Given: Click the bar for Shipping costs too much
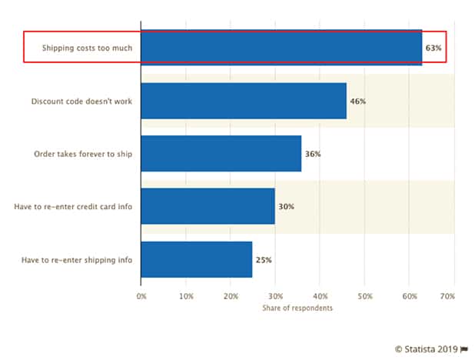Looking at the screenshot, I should coord(281,48).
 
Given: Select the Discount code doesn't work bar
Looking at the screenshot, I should coord(244,101).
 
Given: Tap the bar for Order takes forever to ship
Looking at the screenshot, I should coord(221,154).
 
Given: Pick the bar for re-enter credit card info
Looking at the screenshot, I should coord(208,206).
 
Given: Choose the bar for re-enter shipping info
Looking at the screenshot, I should coord(197,259).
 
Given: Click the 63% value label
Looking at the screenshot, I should coord(433,48).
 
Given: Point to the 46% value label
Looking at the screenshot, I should coord(357,101).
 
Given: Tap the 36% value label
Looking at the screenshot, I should coord(313,154).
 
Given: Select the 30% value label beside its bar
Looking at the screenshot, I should coord(286,207).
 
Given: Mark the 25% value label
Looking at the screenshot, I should coord(264,260).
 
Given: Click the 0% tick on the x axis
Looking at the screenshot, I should coord(141,295).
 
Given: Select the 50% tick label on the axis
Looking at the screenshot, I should coord(364,295).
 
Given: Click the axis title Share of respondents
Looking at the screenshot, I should coord(297,308).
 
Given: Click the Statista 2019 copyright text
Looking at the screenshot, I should coord(427,348).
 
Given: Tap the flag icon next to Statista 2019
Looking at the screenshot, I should coord(464,348).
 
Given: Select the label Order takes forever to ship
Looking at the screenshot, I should coord(83,154).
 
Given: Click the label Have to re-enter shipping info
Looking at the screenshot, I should coord(77,260).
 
